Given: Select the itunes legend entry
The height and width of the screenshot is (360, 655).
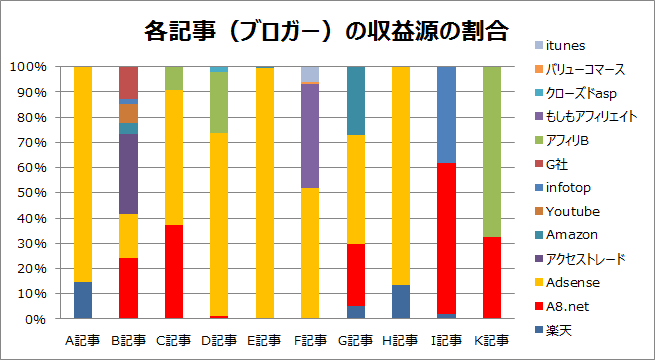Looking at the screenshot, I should click(x=563, y=46).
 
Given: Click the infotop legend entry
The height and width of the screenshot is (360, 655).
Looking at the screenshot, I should click(x=566, y=188).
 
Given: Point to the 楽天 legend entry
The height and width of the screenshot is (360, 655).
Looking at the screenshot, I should click(x=561, y=329).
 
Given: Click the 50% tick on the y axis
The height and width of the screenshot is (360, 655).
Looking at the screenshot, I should click(x=29, y=193).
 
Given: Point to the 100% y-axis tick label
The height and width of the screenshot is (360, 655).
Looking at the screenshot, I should click(x=26, y=67).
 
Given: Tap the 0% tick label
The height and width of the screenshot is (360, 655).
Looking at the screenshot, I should click(x=33, y=319).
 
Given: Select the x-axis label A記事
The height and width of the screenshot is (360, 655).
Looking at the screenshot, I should click(x=82, y=340).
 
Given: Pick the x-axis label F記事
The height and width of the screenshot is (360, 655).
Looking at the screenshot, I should click(x=311, y=340).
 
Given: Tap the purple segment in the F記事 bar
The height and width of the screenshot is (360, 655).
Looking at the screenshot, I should click(x=311, y=136).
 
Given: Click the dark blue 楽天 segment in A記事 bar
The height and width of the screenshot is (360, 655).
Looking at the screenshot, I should click(x=82, y=300).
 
